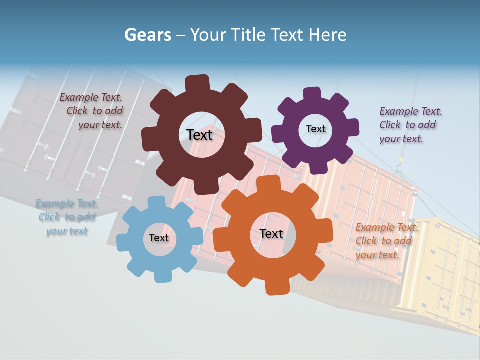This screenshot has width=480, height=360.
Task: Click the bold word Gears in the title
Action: (x=148, y=35)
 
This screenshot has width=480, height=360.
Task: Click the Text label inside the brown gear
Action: (x=200, y=135)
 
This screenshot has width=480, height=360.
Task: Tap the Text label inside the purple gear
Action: (x=315, y=129)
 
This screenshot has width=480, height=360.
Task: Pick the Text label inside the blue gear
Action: (x=159, y=238)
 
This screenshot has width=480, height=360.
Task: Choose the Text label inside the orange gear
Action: (x=271, y=233)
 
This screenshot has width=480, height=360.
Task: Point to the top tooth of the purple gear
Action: (x=312, y=94)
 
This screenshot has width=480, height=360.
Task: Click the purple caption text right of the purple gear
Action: (x=410, y=125)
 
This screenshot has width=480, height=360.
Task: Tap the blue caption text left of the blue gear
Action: (x=67, y=217)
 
